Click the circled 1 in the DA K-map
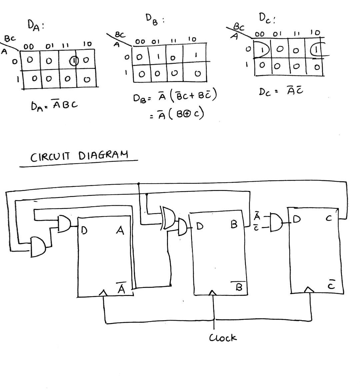click(74, 61)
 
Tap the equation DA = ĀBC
click(54, 105)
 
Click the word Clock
click(223, 338)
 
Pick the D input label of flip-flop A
click(83, 230)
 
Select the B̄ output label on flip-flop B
click(239, 286)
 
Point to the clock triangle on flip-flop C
click(309, 290)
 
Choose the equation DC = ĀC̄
click(281, 91)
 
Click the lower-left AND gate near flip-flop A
click(38, 247)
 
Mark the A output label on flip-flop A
click(120, 230)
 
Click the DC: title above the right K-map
click(267, 18)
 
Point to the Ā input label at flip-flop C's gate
click(257, 217)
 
